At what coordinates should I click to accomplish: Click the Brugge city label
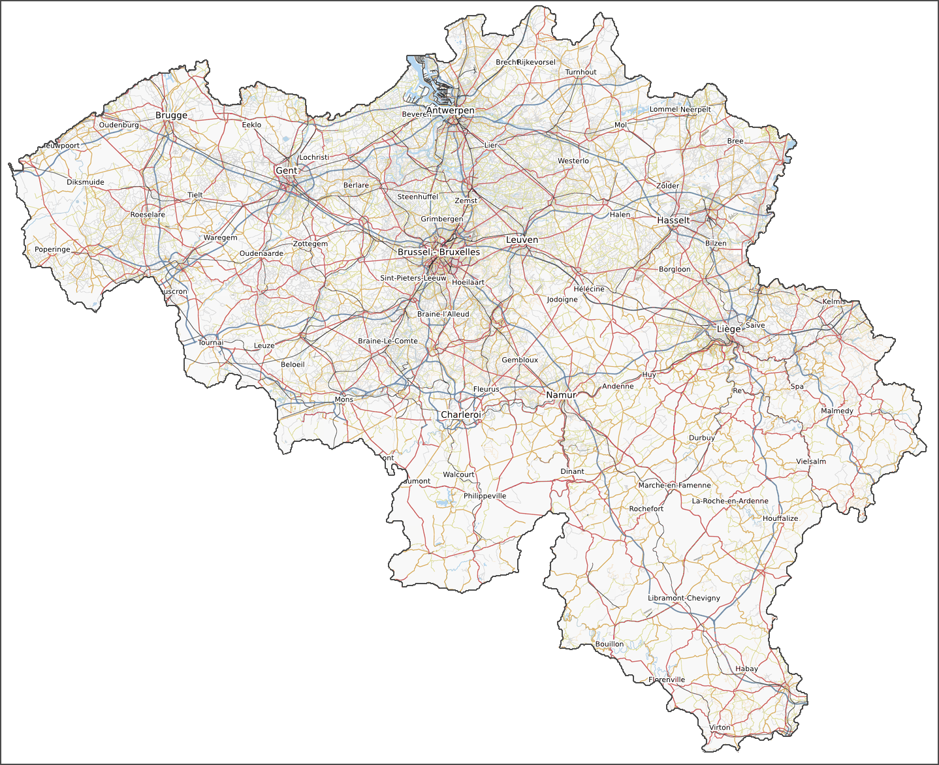tap(171, 116)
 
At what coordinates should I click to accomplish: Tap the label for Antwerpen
tap(450, 110)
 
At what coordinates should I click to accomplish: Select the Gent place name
tap(286, 170)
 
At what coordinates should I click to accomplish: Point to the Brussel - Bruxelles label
tap(439, 252)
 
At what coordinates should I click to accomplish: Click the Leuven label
tap(522, 240)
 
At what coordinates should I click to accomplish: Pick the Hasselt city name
tap(673, 220)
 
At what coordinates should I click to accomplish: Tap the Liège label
tap(729, 329)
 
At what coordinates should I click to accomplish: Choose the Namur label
tap(561, 395)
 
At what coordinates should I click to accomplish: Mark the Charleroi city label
tap(460, 414)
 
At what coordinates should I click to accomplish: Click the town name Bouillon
tap(609, 644)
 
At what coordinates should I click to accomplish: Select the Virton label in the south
tap(720, 727)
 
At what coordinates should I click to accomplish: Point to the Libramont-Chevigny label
tap(684, 598)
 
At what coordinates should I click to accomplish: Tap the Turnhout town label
tap(581, 72)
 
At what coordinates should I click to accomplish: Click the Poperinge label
tap(52, 249)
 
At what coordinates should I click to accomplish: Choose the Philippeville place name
tap(485, 496)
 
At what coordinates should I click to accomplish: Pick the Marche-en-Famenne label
tap(675, 485)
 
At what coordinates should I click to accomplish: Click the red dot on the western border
tap(13, 181)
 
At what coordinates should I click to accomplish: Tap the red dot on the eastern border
tap(915, 429)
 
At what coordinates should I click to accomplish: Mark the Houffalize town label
tap(780, 518)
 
